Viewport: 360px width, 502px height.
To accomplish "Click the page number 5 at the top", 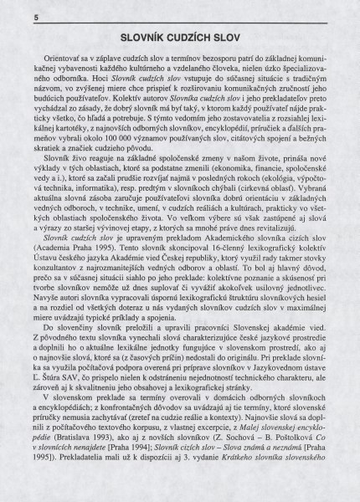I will point(14,17).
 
